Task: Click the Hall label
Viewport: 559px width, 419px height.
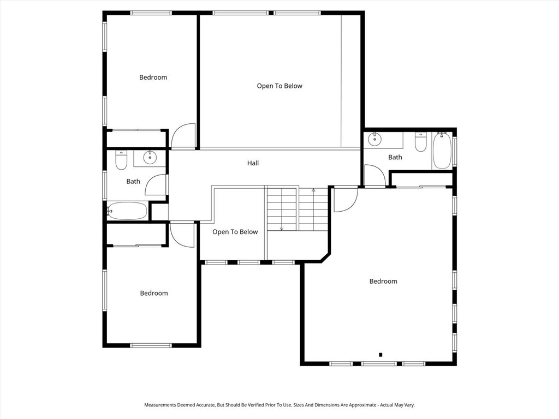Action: coord(253,163)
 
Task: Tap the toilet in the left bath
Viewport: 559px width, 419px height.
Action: coord(121,160)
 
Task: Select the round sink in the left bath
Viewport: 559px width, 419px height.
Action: coord(150,158)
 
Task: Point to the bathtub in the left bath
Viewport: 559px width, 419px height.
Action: coord(128,211)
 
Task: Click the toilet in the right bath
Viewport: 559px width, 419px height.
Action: coord(420,142)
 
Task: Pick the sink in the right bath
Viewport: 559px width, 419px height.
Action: coord(376,140)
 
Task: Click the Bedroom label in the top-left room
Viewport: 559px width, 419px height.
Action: coord(153,77)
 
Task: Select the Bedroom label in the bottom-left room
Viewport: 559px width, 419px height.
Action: coord(154,294)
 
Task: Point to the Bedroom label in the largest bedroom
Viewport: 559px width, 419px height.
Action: coord(383,282)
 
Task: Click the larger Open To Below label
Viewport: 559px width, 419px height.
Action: coord(279,86)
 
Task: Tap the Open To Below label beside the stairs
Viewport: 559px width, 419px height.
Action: coord(235,232)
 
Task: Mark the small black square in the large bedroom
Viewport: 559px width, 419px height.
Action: coord(380,355)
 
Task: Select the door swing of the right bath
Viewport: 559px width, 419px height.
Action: coord(374,176)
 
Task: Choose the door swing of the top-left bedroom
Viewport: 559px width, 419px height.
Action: coord(183,136)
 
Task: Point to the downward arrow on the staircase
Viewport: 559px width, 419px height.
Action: coord(282,228)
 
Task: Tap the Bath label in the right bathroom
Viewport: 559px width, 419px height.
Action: coord(395,158)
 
